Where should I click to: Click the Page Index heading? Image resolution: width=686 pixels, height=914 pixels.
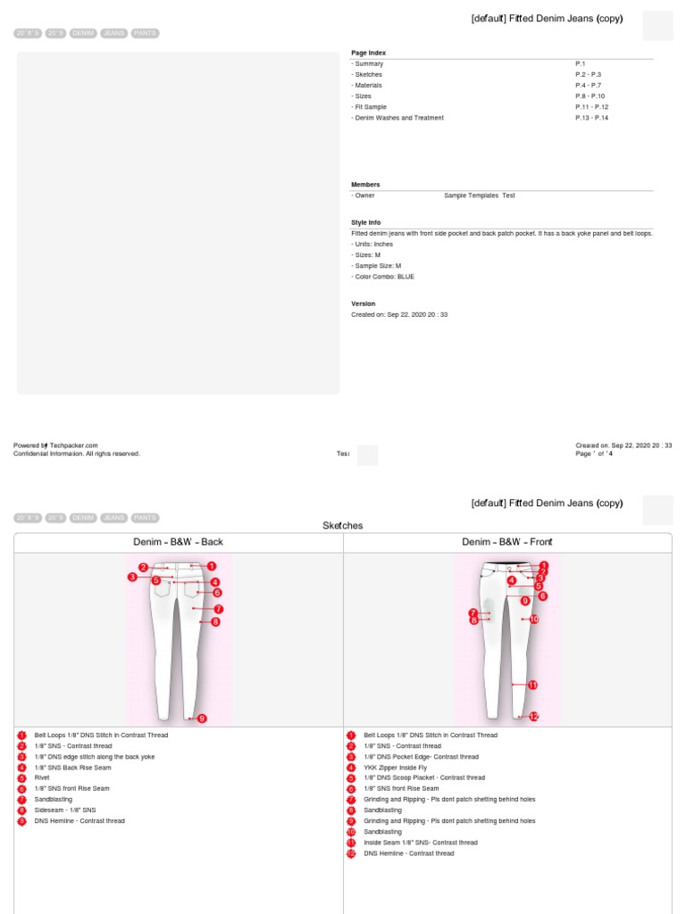(x=368, y=54)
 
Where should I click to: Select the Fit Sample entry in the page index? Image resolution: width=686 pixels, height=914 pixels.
(x=371, y=107)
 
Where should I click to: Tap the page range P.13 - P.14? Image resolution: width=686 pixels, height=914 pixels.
(x=591, y=118)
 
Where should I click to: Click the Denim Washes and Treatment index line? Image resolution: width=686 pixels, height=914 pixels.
(x=398, y=118)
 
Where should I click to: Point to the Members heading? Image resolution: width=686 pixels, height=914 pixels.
(x=365, y=185)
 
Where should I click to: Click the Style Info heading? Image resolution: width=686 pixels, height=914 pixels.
(x=365, y=222)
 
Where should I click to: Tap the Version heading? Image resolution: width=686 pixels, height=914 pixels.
(x=363, y=303)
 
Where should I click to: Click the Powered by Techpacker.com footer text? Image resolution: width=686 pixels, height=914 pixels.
(x=55, y=445)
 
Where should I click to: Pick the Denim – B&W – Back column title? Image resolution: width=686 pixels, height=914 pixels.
(x=179, y=542)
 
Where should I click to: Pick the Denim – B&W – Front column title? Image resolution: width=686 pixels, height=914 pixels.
(x=507, y=542)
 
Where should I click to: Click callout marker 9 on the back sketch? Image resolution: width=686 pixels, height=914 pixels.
(x=202, y=719)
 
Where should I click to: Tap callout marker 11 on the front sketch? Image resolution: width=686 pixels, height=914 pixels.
(x=532, y=685)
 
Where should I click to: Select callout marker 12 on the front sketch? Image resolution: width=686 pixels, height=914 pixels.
(x=533, y=716)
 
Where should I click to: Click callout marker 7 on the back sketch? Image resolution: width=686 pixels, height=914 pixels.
(x=218, y=609)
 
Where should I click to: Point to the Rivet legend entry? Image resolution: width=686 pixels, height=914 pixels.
(x=43, y=778)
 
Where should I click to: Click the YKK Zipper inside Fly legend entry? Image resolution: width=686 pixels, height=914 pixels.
(x=395, y=768)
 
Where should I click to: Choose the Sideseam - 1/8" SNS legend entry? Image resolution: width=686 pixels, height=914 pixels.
(x=65, y=810)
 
